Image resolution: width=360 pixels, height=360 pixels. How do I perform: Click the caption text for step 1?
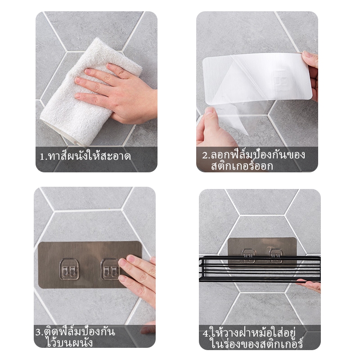tap(85, 156)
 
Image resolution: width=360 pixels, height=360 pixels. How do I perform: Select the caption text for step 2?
tap(253, 160)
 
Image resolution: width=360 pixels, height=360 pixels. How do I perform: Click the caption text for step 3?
tap(75, 337)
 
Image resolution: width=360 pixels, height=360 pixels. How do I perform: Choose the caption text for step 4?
tap(253, 338)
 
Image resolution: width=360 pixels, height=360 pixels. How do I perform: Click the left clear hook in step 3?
tap(69, 269)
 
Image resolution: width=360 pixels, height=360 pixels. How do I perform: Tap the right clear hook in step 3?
tap(110, 269)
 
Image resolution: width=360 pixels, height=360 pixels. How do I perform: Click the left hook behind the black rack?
tap(249, 256)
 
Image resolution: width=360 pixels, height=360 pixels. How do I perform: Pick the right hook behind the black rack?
tap(275, 256)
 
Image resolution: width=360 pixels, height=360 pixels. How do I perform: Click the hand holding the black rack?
tap(309, 285)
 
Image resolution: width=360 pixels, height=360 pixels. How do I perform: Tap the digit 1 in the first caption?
tap(42, 157)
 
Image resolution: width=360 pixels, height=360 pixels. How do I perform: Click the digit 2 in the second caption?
tap(205, 155)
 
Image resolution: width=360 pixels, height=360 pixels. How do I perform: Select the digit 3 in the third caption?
tap(38, 332)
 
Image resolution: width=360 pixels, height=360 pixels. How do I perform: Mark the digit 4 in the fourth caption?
tap(205, 333)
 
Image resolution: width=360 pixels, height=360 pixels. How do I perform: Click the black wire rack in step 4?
tap(260, 268)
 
